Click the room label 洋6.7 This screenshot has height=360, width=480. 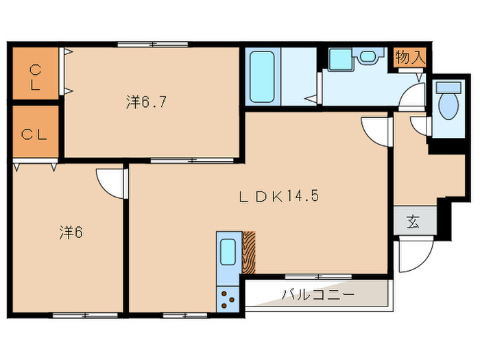pyautogui.click(x=147, y=102)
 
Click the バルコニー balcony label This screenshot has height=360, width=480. pyautogui.click(x=317, y=295)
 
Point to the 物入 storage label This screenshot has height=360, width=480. pyautogui.click(x=410, y=58)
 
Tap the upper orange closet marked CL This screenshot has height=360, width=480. pyautogui.click(x=34, y=76)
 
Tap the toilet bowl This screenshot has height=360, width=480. pyautogui.click(x=448, y=101)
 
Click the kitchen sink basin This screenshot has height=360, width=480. pyautogui.click(x=227, y=253)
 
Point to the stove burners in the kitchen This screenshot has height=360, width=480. pyautogui.click(x=227, y=298)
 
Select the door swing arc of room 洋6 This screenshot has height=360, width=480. pyautogui.click(x=110, y=182)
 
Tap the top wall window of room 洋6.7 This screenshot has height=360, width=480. pyautogui.click(x=153, y=45)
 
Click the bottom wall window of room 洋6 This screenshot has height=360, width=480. pyautogui.click(x=76, y=315)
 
